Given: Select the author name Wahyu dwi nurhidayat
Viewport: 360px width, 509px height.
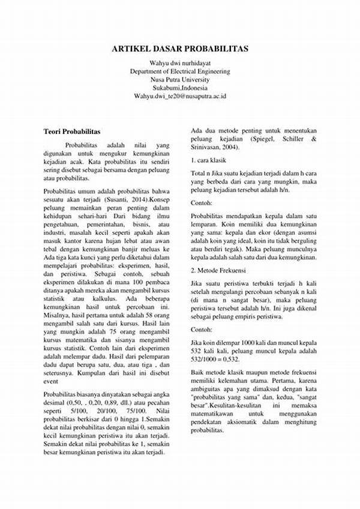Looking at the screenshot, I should click(x=180, y=62).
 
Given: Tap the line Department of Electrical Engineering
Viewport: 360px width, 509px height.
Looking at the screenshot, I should click(x=180, y=71).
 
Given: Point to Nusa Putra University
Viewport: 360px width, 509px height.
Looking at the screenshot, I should click(x=180, y=79).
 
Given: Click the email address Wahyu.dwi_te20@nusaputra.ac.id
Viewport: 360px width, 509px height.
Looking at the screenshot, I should click(x=180, y=96).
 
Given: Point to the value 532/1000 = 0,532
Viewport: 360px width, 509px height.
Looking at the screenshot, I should click(x=215, y=360).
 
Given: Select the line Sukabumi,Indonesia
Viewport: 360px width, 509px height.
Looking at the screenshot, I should click(x=180, y=88).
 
